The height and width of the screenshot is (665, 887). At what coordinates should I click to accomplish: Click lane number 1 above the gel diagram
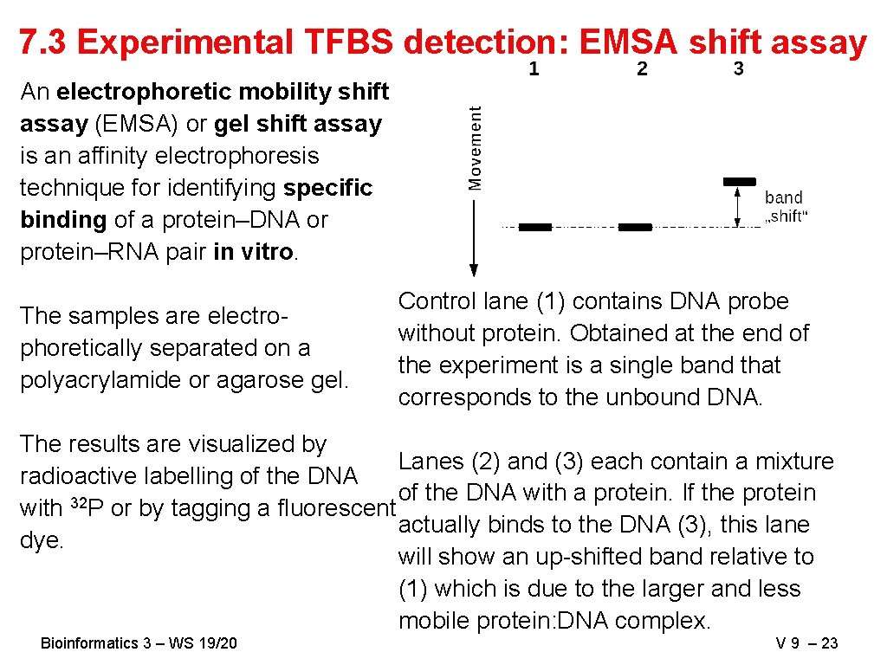(x=534, y=69)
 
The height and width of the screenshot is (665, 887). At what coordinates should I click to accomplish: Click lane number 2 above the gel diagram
(x=642, y=69)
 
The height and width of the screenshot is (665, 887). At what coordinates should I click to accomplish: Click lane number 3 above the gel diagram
(x=738, y=69)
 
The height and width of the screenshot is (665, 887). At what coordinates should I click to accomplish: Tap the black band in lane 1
(x=534, y=228)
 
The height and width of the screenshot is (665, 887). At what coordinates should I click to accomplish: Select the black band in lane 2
(x=635, y=228)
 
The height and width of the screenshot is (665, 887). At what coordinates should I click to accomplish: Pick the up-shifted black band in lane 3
(x=739, y=182)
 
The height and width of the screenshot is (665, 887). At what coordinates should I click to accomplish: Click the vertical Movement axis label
(x=476, y=147)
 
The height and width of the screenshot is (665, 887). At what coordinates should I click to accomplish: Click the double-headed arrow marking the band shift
(x=737, y=206)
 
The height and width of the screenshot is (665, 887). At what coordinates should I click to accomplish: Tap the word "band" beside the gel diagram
(x=783, y=198)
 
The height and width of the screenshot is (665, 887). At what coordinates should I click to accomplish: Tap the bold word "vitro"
(x=269, y=252)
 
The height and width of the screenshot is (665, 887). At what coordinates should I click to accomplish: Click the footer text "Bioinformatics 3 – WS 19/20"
(x=139, y=642)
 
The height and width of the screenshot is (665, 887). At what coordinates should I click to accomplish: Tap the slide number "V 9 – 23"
(x=806, y=642)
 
